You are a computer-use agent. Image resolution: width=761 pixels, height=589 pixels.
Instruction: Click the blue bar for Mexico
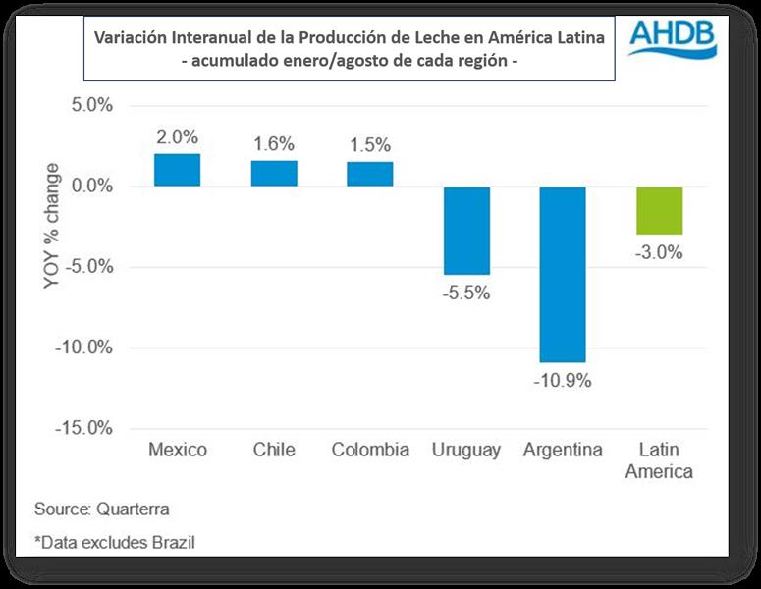tap(177, 170)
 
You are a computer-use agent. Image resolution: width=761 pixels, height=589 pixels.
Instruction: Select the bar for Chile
tap(274, 173)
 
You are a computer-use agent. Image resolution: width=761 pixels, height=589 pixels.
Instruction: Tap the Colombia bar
tap(369, 174)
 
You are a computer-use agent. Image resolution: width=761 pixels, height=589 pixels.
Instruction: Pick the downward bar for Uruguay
tap(466, 230)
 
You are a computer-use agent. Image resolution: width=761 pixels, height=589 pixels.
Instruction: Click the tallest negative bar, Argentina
tap(563, 274)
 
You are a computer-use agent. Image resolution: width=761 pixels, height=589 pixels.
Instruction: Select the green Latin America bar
tap(659, 210)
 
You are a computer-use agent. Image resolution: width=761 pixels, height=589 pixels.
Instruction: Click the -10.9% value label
tap(564, 381)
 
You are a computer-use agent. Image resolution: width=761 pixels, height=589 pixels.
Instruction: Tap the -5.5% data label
tap(466, 293)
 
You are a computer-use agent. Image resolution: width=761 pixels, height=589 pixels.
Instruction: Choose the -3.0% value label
tap(659, 252)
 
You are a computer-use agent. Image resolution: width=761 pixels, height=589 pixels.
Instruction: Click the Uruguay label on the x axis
tap(466, 451)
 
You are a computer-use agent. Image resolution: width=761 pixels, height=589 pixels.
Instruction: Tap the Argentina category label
tap(563, 451)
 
